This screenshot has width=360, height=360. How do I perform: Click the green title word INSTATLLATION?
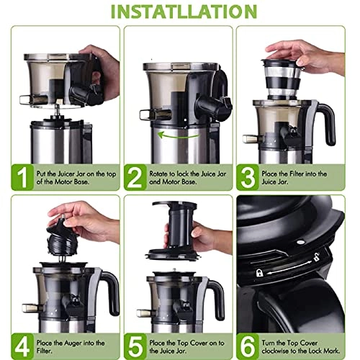point(180,12)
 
